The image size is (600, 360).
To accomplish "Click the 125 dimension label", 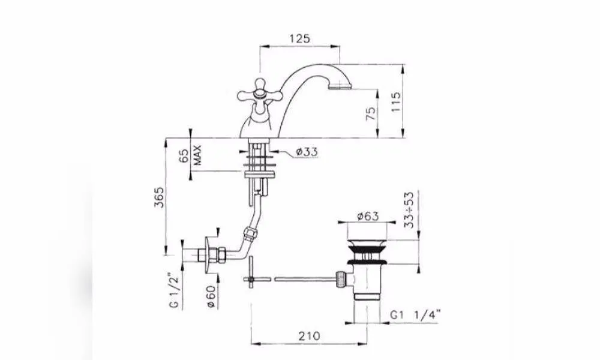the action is point(299,38).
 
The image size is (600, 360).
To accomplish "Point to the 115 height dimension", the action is point(395,101).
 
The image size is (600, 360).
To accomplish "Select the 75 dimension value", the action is point(371,113).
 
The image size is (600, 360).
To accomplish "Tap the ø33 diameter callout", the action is point(307,152).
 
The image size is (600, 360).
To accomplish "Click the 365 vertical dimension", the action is point(159,197).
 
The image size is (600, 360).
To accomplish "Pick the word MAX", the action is point(197,155).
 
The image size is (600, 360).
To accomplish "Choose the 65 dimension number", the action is point(184,156).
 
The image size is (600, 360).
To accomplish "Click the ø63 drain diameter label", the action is point(368,216).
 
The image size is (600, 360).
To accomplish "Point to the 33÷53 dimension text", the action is point(409,210).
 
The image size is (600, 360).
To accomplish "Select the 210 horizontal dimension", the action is point(309,336).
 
